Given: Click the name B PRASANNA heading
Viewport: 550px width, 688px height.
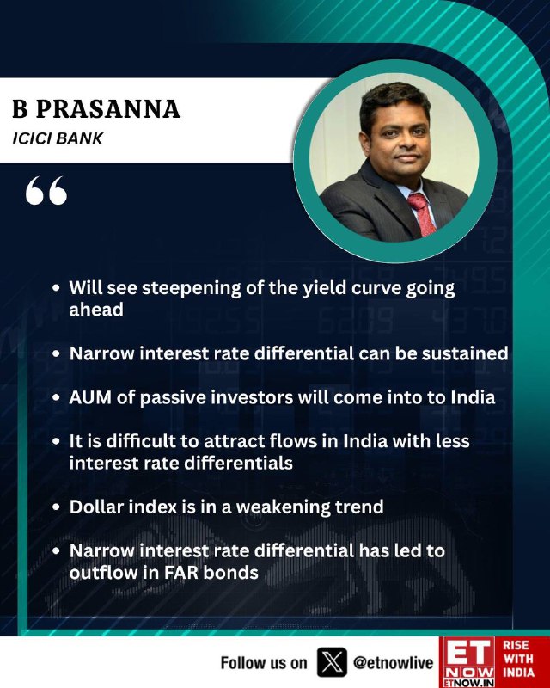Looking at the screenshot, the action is pyautogui.click(x=96, y=109).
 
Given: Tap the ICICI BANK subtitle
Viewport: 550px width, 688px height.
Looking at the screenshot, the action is pyautogui.click(x=58, y=138).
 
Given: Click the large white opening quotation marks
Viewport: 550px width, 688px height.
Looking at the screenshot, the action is pyautogui.click(x=46, y=190).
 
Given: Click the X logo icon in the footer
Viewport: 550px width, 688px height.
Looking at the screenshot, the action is pyautogui.click(x=332, y=662).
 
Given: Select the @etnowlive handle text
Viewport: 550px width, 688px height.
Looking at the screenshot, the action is pyautogui.click(x=393, y=663).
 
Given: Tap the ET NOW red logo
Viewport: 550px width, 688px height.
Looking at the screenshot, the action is pyautogui.click(x=467, y=661).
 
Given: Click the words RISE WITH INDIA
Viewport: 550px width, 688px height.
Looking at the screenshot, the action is pyautogui.click(x=518, y=659).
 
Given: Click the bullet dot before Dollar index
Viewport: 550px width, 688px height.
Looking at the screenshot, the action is pyautogui.click(x=56, y=507).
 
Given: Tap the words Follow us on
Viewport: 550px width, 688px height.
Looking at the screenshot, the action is pyautogui.click(x=264, y=663).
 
